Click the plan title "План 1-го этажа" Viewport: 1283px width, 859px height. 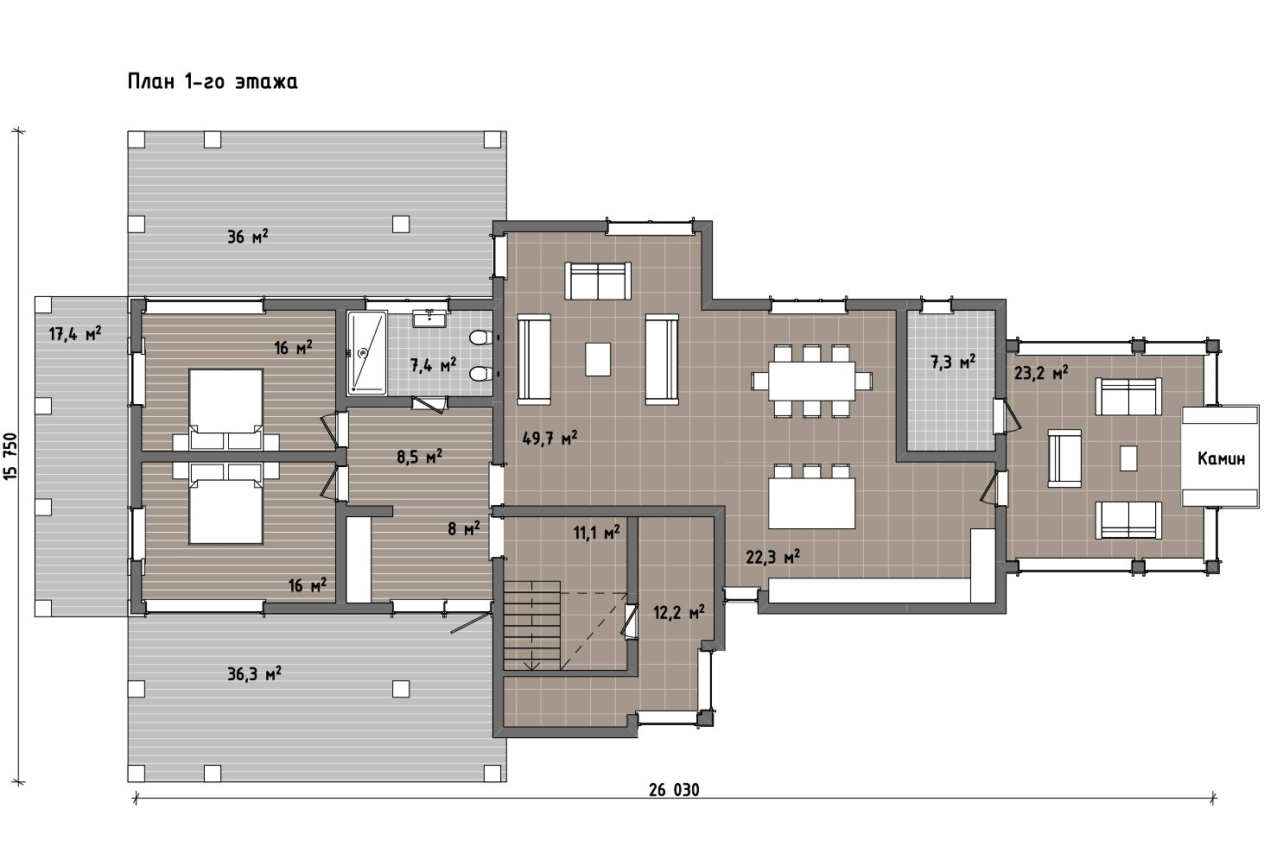coord(213,82)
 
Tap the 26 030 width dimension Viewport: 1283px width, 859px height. coord(674,790)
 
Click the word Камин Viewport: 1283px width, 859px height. coord(1221,458)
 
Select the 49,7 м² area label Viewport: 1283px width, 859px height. coord(549,439)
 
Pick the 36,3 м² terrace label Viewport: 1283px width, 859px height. coord(254,673)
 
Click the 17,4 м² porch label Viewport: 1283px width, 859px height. coord(75,333)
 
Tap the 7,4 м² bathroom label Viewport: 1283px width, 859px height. coord(433,364)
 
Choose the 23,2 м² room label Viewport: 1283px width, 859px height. coord(1041,373)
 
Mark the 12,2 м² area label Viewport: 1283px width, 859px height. coord(679,613)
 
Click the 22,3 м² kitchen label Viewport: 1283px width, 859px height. coord(772,556)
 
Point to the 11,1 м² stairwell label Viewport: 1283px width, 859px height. coord(597,533)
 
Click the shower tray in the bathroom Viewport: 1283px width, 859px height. coord(367,352)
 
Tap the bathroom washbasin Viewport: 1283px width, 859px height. coord(429,318)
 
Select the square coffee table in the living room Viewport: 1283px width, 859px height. coord(597,359)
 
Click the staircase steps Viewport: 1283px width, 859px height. coord(531,625)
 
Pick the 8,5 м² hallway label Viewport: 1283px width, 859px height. coord(419,458)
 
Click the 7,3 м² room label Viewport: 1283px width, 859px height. coord(952,363)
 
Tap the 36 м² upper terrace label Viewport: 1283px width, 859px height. coord(247,236)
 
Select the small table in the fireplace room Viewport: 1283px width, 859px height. coord(1128,458)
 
